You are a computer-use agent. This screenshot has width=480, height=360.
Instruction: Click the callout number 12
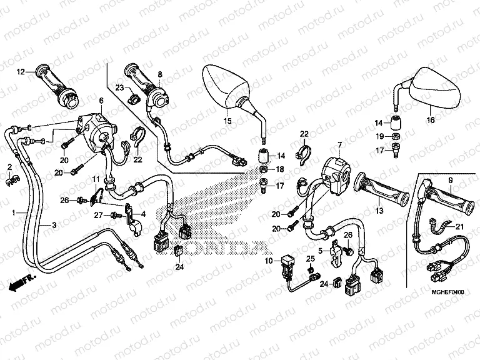click(x=21, y=72)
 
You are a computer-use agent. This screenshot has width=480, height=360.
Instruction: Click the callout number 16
click(x=430, y=120)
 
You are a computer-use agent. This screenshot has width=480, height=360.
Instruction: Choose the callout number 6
click(x=100, y=100)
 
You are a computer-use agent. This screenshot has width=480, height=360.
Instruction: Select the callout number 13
click(x=379, y=211)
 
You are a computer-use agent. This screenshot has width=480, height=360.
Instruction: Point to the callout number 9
click(x=449, y=181)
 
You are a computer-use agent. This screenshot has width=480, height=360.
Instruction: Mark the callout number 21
click(x=460, y=226)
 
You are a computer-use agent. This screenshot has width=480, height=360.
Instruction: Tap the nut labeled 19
click(x=396, y=137)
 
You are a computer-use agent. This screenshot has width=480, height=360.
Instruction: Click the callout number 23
click(x=120, y=87)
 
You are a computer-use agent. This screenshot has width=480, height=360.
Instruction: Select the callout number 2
click(x=9, y=166)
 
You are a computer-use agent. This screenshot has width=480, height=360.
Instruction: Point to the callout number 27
click(x=98, y=215)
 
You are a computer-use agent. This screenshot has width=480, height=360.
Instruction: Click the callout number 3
click(x=54, y=225)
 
